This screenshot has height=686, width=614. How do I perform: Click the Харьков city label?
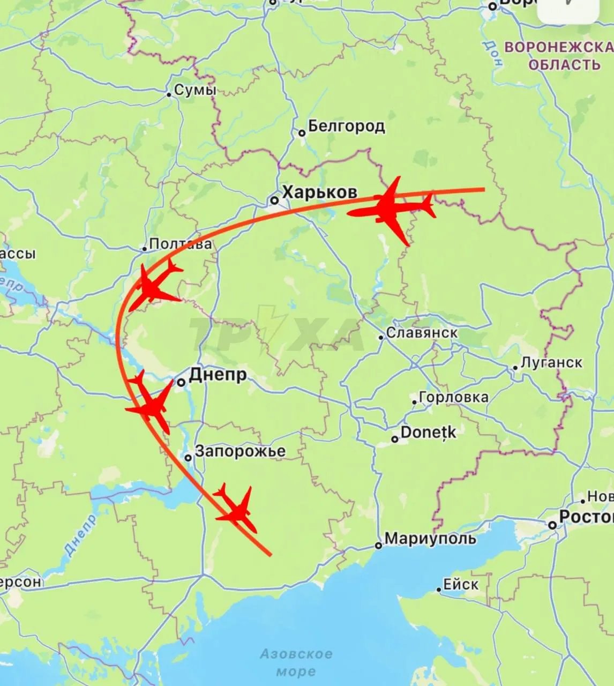[x=319, y=192]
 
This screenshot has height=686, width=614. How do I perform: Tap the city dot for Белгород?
[x=302, y=133]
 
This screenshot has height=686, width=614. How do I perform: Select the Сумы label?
[x=195, y=91]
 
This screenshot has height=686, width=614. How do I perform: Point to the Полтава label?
[x=180, y=244]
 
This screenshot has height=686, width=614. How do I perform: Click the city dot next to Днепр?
[x=181, y=382]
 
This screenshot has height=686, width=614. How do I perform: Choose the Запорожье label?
[x=240, y=451]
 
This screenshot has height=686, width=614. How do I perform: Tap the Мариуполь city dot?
[x=378, y=546]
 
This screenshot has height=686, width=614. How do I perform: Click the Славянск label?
[x=422, y=333]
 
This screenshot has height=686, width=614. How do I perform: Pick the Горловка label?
[x=453, y=398]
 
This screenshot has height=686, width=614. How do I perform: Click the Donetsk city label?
[x=428, y=433]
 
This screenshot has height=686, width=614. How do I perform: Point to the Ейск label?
[x=461, y=584]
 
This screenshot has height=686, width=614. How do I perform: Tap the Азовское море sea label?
[x=296, y=662]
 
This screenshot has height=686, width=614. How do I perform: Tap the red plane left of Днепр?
[x=151, y=403]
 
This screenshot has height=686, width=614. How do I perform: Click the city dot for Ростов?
[x=552, y=525]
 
